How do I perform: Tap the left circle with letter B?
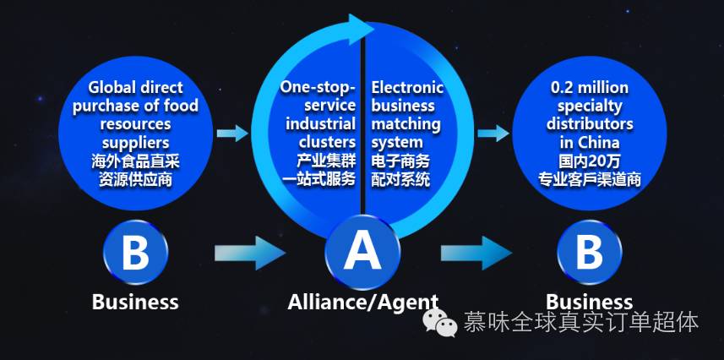click(x=135, y=252)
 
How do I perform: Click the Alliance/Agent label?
click(x=362, y=302)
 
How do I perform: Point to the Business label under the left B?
click(x=135, y=302)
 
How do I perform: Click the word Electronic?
click(x=407, y=88)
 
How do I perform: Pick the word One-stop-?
click(x=318, y=88)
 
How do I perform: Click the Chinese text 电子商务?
click(x=400, y=161)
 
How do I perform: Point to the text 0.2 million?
click(x=589, y=88)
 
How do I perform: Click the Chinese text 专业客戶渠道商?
click(x=589, y=179)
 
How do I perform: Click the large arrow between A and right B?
click(x=475, y=252)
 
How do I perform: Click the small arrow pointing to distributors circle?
click(x=492, y=133)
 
